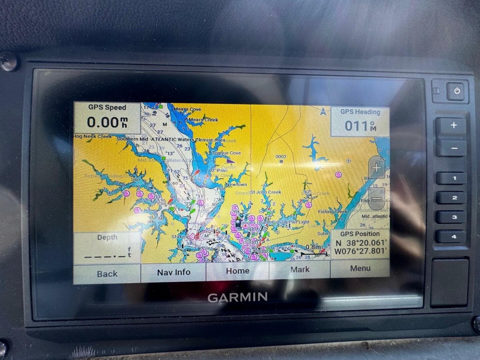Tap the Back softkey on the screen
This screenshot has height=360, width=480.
point(107,274)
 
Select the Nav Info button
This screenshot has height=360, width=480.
point(174,272)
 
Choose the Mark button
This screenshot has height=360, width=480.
point(300,269)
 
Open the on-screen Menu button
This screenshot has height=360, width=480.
point(360,268)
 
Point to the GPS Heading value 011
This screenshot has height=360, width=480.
point(356,126)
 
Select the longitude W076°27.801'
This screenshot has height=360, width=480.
point(360,251)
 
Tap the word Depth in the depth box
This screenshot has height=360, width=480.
point(107,237)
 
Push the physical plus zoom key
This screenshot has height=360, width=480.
point(454,126)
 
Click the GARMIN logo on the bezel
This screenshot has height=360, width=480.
point(237,297)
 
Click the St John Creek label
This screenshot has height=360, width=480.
point(266,192)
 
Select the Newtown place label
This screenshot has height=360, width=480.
point(236,184)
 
